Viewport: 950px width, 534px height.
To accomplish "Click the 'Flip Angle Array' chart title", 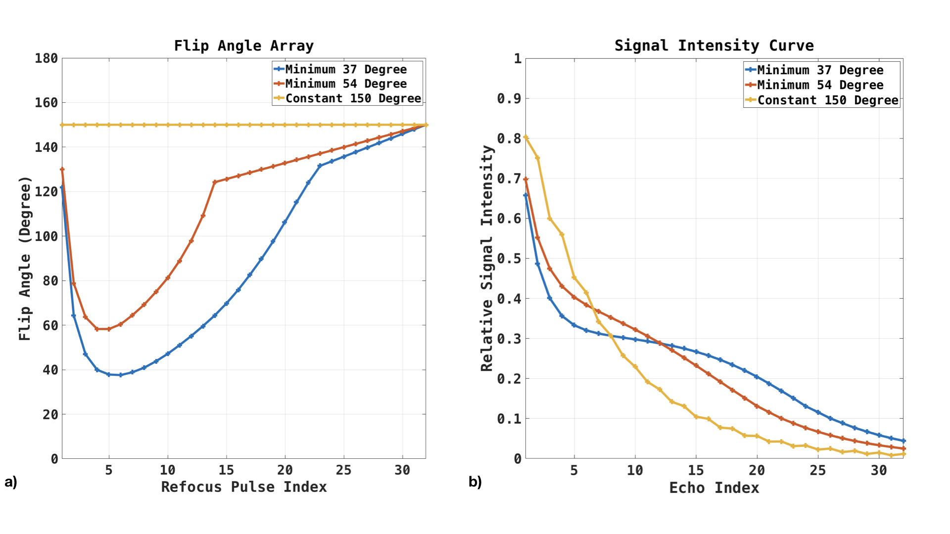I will coord(243,46).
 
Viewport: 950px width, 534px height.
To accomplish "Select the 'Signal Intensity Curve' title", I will coord(713,45).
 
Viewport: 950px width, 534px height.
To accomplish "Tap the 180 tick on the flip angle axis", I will coord(46,58).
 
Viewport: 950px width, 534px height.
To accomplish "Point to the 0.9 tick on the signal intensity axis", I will coord(509,98).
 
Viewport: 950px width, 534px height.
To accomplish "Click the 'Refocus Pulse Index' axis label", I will coord(243,487).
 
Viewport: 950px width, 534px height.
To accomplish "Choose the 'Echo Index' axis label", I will coord(713,488).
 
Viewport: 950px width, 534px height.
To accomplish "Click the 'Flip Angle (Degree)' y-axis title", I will coord(25,258).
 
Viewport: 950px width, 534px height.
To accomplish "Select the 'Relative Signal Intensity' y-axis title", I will coord(487,258).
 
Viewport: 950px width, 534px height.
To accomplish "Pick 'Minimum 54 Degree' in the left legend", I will coord(345,84).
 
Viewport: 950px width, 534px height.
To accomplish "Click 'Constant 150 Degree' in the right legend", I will coord(827,100).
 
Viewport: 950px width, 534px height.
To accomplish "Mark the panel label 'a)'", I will coord(11,482).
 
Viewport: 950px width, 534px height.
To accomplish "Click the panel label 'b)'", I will coord(475,482).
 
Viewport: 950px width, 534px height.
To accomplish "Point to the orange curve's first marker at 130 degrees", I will coord(62,170).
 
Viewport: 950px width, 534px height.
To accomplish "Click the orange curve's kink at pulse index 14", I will coord(215,182).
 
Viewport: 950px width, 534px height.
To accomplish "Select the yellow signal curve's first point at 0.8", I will coord(526,137).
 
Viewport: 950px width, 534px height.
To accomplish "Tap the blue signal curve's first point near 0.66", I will coord(526,195).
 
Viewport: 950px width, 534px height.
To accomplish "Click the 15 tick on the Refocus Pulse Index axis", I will coord(226,470).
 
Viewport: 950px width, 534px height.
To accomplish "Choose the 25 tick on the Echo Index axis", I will coord(817,470).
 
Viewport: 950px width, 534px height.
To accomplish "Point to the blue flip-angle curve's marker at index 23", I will coord(320,166).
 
